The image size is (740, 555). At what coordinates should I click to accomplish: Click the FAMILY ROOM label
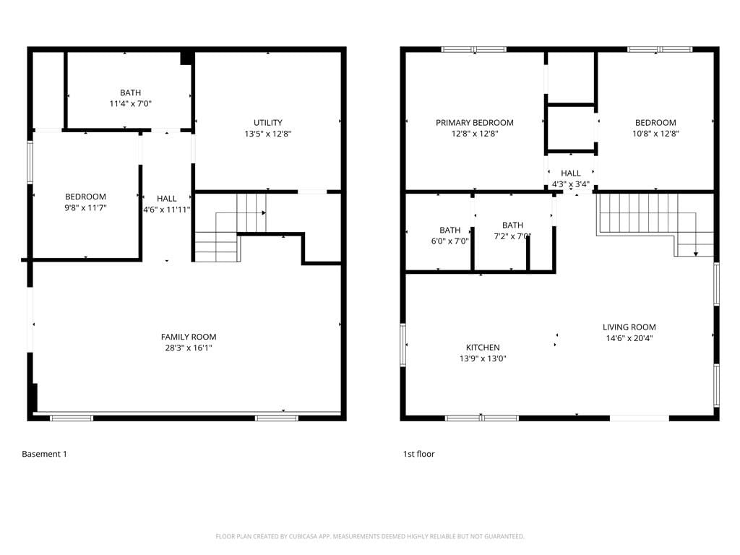(189, 337)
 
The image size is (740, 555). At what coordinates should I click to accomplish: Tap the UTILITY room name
(268, 123)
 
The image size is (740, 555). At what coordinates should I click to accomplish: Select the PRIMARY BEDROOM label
(475, 123)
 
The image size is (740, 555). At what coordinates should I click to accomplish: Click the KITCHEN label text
(483, 348)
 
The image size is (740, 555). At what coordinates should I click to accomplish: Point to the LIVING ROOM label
(629, 327)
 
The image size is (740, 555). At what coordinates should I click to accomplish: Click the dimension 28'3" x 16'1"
(189, 348)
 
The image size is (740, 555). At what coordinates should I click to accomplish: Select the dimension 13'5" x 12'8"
(268, 134)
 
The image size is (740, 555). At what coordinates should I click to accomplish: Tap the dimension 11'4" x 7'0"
(130, 104)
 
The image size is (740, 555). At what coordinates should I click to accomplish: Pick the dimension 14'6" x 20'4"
(629, 338)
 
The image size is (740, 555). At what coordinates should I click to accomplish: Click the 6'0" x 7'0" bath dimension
(449, 241)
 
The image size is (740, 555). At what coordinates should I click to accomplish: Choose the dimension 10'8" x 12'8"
(655, 134)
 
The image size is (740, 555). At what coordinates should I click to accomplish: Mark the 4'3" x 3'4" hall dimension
(571, 184)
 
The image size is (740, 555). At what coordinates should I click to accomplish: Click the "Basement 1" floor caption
(44, 454)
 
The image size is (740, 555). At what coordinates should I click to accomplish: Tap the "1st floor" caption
(418, 454)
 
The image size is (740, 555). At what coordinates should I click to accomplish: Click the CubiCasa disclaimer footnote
(370, 537)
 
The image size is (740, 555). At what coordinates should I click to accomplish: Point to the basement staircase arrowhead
(264, 213)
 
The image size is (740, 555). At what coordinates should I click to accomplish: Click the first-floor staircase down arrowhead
(696, 254)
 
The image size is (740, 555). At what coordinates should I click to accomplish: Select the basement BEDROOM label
(85, 197)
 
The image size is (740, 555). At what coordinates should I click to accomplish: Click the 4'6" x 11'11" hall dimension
(167, 210)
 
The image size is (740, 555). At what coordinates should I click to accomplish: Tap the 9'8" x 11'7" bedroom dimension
(85, 208)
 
